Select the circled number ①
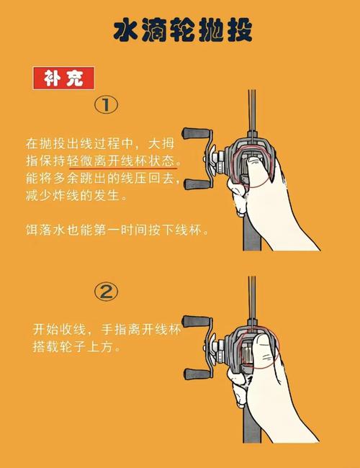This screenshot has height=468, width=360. pos(106,105)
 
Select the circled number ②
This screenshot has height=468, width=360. pos(106,292)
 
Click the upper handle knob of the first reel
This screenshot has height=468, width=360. pos(194,133)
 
